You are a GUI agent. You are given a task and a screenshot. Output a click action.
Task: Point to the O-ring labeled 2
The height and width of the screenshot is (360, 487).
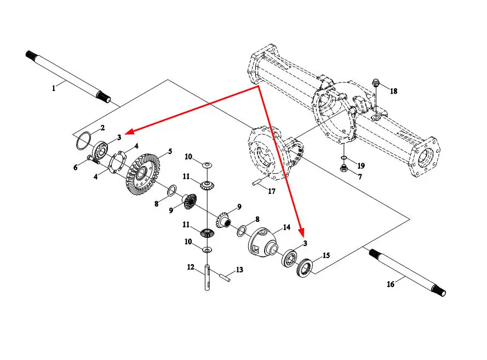tap(83, 140)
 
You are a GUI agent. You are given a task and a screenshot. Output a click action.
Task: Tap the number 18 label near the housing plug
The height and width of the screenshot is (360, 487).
tap(393, 92)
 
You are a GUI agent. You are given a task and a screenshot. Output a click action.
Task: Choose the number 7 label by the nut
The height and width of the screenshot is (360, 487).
tap(360, 176)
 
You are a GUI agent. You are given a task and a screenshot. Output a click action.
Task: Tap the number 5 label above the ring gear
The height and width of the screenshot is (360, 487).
tap(170, 151)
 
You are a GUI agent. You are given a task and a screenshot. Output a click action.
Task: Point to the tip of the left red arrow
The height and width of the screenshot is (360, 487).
tap(126, 132)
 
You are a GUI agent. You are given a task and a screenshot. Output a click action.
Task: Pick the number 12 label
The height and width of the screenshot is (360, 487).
tap(191, 267)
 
